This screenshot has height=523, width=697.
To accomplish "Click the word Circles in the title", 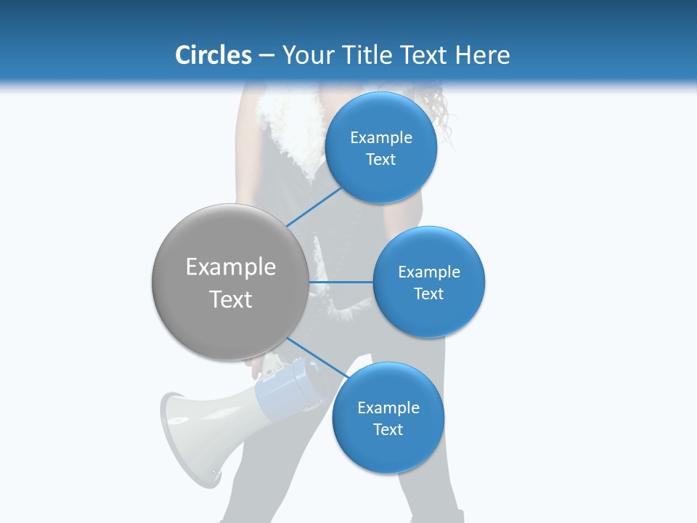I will [x=213, y=55].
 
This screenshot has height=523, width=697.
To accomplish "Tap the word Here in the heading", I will [x=483, y=55].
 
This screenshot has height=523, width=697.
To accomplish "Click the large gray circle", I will [x=230, y=282].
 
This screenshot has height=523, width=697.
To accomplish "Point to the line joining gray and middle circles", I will [x=341, y=282].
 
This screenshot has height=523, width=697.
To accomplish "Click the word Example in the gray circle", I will [x=230, y=267].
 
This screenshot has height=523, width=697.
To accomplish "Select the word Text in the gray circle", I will [x=230, y=299].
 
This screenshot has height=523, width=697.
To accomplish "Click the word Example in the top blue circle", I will [x=381, y=137].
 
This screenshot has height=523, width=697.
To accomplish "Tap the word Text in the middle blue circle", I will [x=428, y=293].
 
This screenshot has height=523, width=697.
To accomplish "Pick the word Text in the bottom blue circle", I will [x=388, y=429].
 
